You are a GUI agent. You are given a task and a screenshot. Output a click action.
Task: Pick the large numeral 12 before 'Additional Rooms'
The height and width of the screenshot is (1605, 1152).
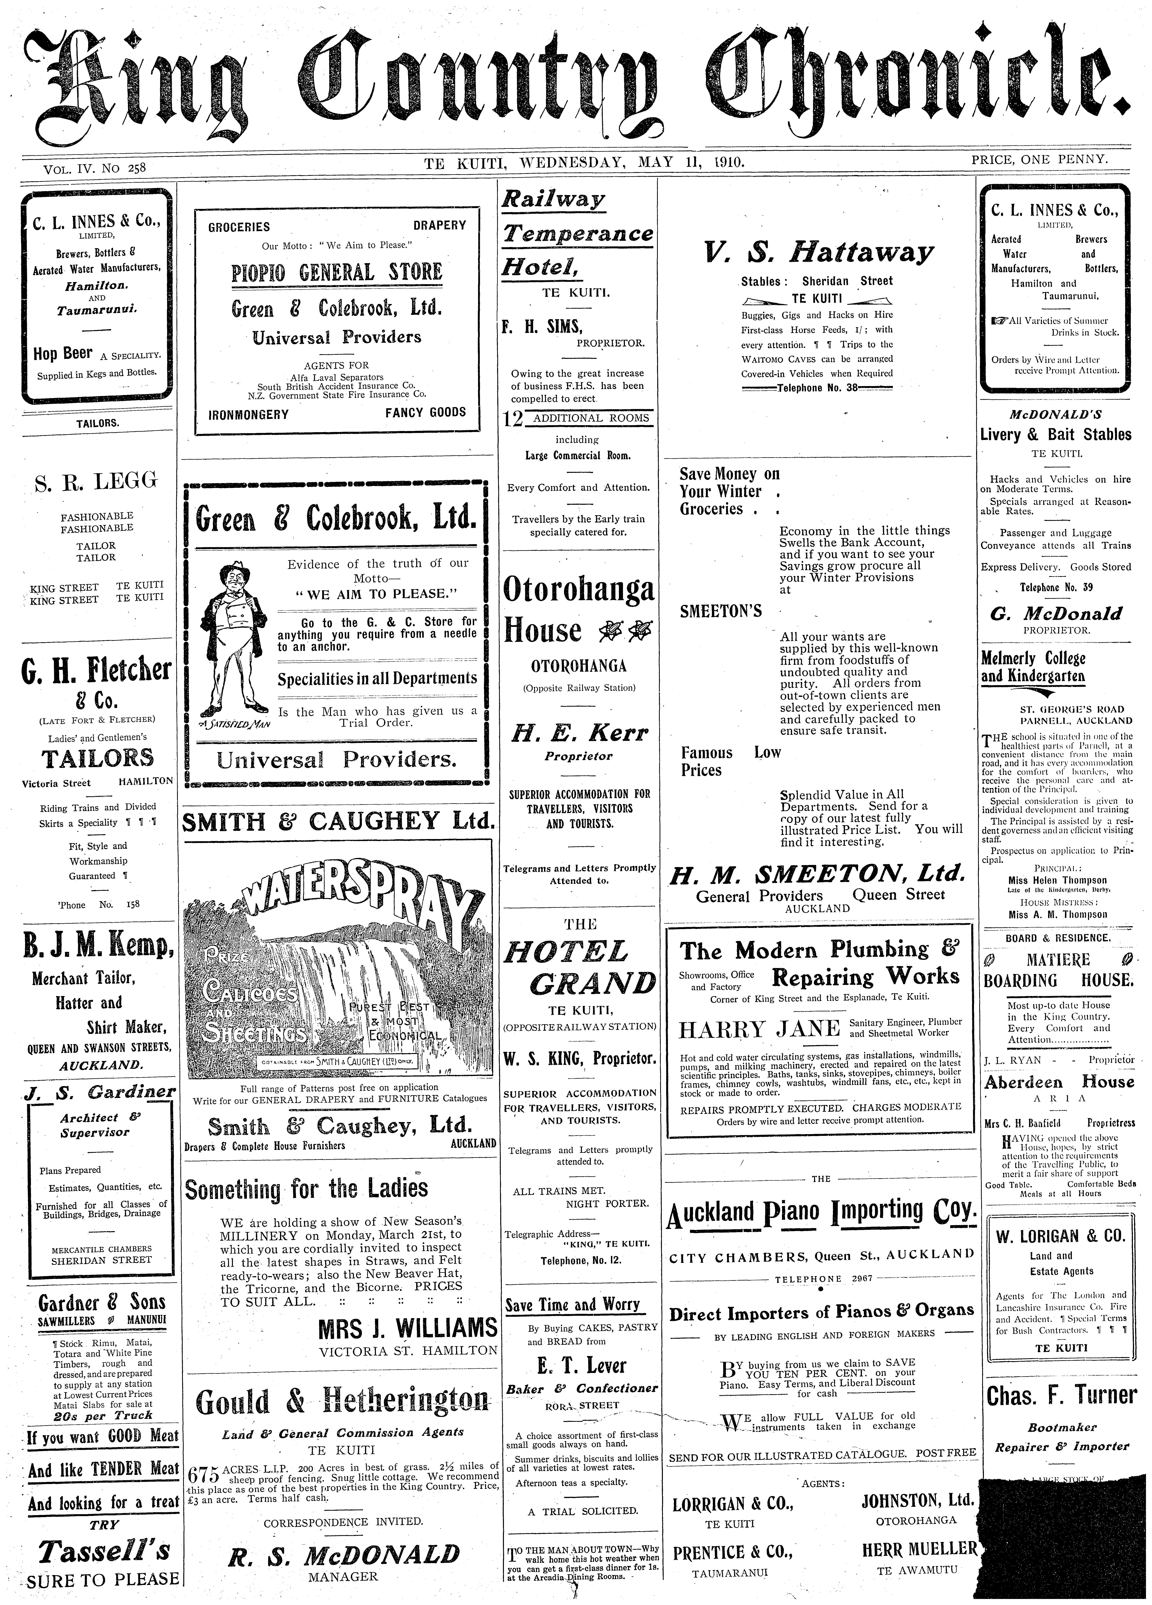[x=512, y=420]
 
